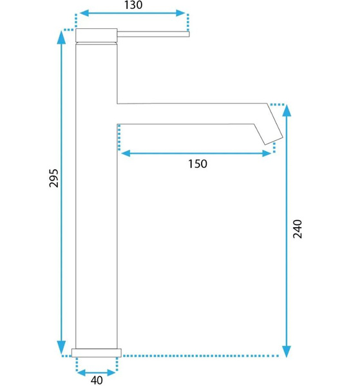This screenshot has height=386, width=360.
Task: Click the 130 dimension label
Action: pyautogui.click(x=133, y=5)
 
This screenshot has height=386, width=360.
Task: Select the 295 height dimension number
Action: pyautogui.click(x=53, y=178)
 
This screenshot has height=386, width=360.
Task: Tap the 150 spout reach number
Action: pyautogui.click(x=198, y=164)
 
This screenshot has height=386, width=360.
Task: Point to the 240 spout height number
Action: pyautogui.click(x=298, y=229)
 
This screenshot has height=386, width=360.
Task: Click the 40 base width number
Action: pyautogui.click(x=97, y=380)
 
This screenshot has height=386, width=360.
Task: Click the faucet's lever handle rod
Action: pyautogui.click(x=153, y=34)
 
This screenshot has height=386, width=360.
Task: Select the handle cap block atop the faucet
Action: pyautogui.click(x=97, y=35)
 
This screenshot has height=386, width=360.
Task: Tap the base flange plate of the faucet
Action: pyautogui.click(x=97, y=353)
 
